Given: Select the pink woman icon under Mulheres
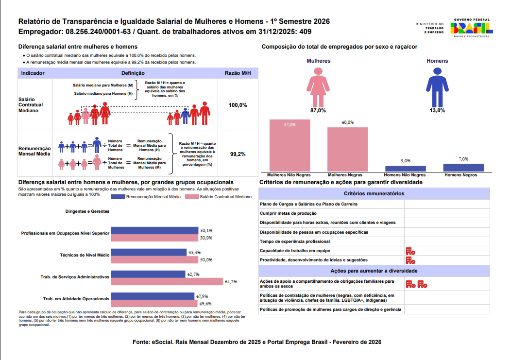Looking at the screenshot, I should point(318,86).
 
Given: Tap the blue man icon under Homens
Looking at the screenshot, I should point(437,86).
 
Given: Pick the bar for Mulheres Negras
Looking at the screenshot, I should point(347,149).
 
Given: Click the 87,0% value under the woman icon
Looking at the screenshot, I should point(318,110).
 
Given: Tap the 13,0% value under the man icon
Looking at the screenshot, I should point(437,110).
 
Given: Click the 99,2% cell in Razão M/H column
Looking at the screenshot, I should point(238,154).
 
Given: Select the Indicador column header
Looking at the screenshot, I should point(34,73).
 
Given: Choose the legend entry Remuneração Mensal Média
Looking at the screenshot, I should point(146,197).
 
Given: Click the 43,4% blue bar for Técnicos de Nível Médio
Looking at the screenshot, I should point(149,253).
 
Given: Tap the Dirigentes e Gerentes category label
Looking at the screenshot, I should point(87,211).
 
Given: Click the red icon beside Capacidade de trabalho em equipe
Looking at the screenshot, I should point(410,251).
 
